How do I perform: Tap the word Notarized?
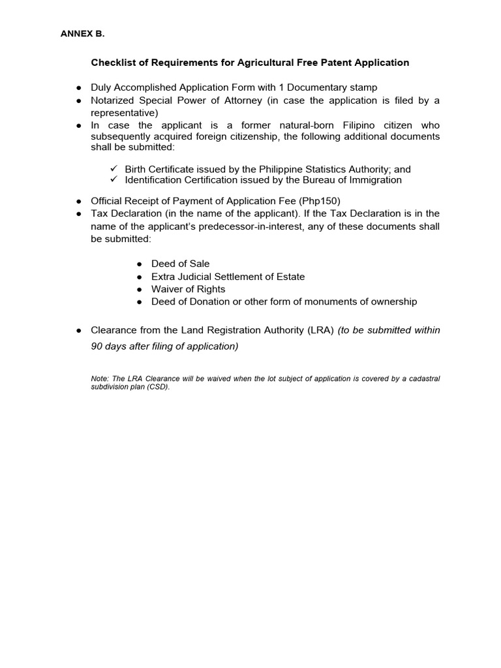coord(113,100)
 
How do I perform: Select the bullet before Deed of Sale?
coord(140,264)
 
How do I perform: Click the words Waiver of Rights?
coord(188,289)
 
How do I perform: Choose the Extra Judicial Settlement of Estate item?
coord(228,277)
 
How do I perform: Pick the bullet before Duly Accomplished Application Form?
coord(78,87)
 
